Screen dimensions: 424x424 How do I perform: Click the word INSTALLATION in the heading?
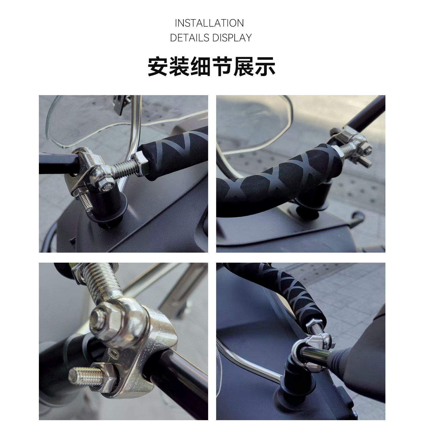[209, 23]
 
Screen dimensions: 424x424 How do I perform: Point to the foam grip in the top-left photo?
[174, 153]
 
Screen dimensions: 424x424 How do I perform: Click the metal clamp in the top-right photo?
[353, 141]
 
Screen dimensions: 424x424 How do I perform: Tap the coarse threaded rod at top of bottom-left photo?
[100, 280]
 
